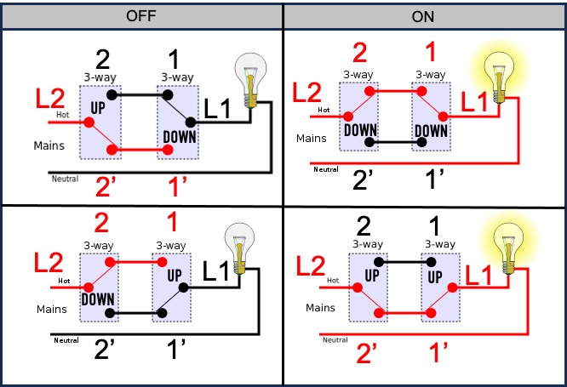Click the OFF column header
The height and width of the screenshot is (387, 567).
coord(142,15)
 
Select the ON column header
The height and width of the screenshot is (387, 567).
coord(424,15)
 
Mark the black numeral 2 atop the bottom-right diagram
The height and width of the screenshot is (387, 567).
coord(363,225)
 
